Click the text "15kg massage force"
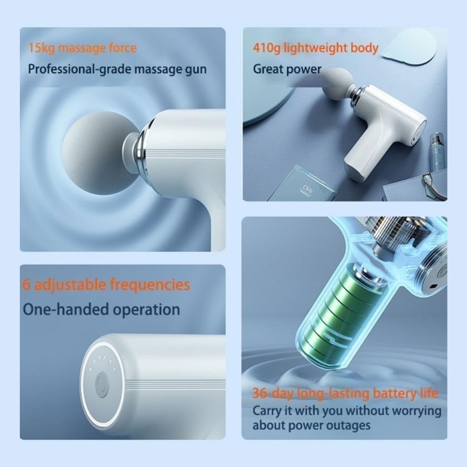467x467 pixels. coord(82,48)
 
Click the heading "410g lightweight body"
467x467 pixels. coord(315,48)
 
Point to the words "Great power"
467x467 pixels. coord(287,69)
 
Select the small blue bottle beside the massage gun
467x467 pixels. coord(435,151)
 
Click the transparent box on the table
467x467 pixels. coord(303,184)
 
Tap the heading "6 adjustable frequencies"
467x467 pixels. coord(106,285)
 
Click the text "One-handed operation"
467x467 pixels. coord(101,310)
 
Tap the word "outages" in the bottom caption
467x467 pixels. coord(349,425)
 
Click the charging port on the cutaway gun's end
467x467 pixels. coord(433,287)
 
